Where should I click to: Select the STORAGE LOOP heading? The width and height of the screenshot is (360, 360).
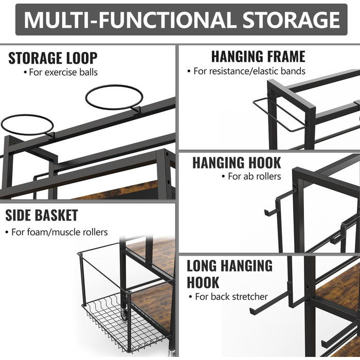[52, 58]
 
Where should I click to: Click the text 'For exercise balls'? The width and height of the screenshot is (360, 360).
[63, 73]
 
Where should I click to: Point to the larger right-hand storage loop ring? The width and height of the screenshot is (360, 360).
[114, 97]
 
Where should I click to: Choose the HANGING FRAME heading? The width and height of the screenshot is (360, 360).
[258, 57]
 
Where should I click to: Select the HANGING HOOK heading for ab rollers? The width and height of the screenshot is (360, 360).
[237, 163]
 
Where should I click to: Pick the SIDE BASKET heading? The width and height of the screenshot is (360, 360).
[42, 215]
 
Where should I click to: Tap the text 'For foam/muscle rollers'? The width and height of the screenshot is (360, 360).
[60, 232]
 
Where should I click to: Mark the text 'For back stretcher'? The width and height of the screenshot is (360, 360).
[231, 297]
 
